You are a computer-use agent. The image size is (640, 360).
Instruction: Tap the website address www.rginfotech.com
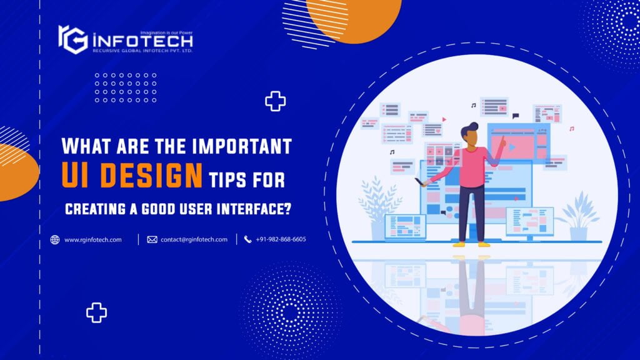pos(93,239)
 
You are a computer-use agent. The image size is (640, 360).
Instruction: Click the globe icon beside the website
pos(55,239)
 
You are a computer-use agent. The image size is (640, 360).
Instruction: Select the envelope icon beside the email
pos(152,239)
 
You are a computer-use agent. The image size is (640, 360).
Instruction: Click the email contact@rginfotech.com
pos(194,239)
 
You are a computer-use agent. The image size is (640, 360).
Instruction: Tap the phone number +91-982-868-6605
pos(281,239)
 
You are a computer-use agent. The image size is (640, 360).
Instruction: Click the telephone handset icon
pos(247,239)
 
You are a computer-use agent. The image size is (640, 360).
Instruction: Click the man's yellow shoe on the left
pos(459,244)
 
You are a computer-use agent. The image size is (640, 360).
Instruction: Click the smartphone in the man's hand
pos(417,181)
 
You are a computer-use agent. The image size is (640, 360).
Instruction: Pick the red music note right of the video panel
pos(571,129)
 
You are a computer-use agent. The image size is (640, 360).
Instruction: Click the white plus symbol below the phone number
pos(96,312)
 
